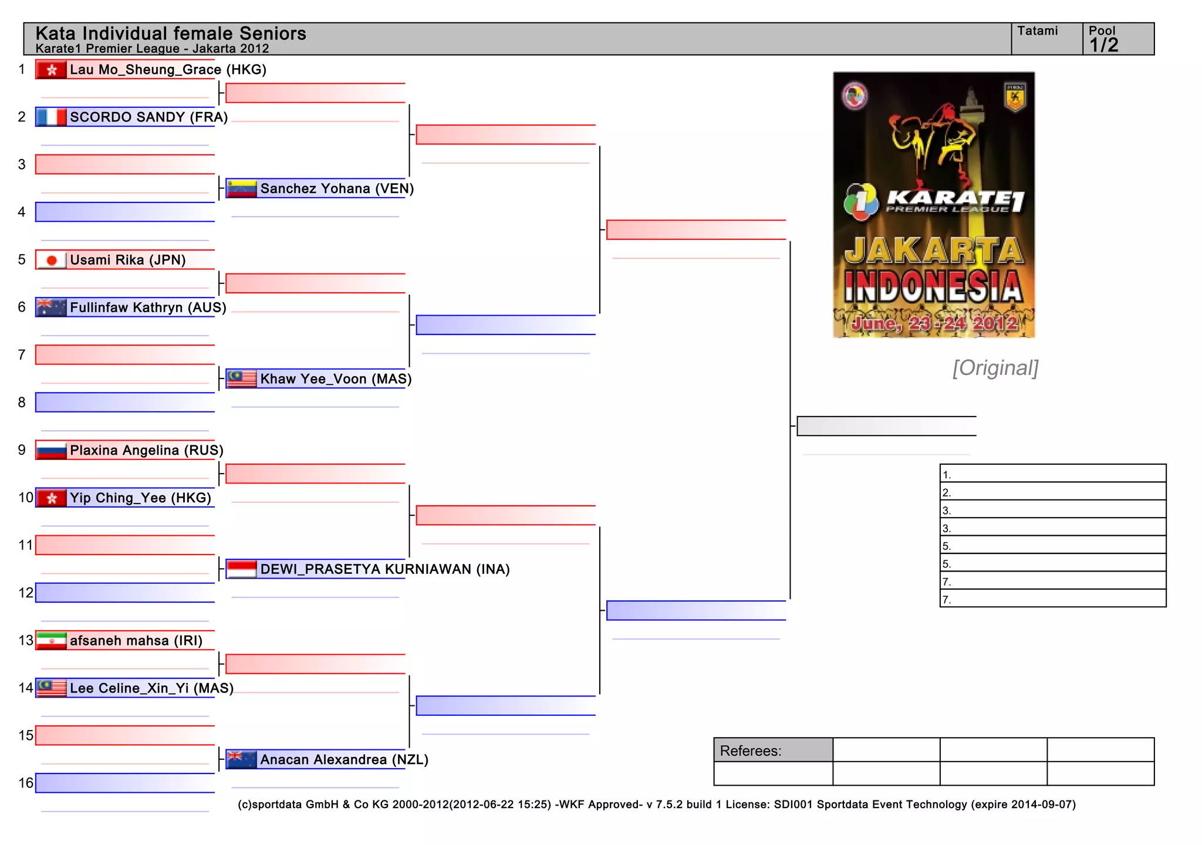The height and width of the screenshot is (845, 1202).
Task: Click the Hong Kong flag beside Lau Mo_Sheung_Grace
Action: tap(51, 70)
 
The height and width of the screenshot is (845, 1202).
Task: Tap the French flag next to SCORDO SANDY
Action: tap(51, 117)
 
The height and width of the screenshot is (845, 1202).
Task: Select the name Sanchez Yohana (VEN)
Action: tap(337, 189)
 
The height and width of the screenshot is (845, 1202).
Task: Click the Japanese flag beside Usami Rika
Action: tap(51, 260)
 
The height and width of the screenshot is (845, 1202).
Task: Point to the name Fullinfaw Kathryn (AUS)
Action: tap(148, 307)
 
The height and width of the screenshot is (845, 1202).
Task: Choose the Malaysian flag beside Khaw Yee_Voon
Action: tap(242, 379)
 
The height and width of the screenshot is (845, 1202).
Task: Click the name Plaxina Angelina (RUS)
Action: tap(147, 451)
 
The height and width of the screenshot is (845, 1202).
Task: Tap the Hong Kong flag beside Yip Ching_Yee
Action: tap(51, 498)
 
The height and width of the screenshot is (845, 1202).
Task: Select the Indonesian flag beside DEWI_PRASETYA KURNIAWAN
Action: tap(242, 569)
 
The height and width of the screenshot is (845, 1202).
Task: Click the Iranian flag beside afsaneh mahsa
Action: tap(51, 641)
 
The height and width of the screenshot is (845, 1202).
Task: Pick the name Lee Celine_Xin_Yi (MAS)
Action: tap(151, 688)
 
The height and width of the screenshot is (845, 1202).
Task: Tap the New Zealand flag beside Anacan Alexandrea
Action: tap(242, 760)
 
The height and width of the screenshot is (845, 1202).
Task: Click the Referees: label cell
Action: tap(772, 751)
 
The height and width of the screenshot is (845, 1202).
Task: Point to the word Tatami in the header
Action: tap(1037, 31)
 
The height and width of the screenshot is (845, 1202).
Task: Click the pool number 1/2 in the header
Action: tap(1103, 45)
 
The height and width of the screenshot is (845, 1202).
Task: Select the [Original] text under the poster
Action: tap(995, 368)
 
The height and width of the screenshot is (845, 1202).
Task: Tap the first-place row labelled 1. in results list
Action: tap(1052, 474)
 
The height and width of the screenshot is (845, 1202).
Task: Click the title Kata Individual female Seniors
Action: tap(171, 33)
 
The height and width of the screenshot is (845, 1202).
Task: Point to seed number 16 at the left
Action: tap(26, 783)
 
